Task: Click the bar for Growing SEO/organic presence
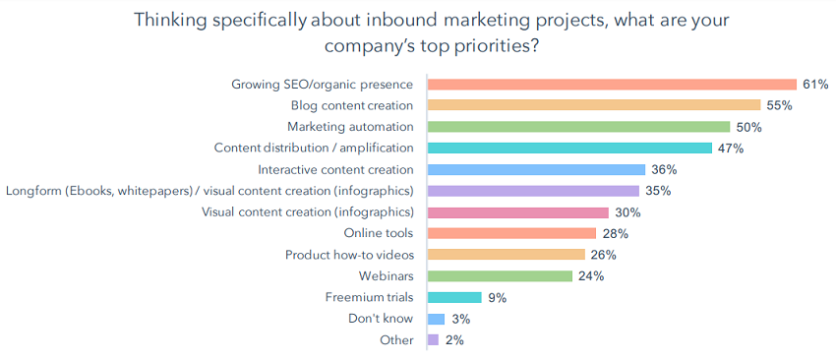click(612, 85)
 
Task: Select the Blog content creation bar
click(594, 105)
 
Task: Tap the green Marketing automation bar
click(578, 127)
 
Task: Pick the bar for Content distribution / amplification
click(569, 149)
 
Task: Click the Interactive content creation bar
click(536, 169)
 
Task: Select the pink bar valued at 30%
click(518, 212)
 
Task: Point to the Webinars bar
click(500, 276)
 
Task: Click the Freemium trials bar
click(454, 297)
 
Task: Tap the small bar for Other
click(434, 340)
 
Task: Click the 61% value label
click(814, 85)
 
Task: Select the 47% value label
click(730, 149)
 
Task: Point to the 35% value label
click(657, 191)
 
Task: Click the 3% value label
click(460, 319)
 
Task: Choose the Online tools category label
click(378, 233)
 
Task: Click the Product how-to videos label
click(349, 255)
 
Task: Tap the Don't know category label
click(381, 319)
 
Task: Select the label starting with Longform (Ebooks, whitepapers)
click(209, 191)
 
